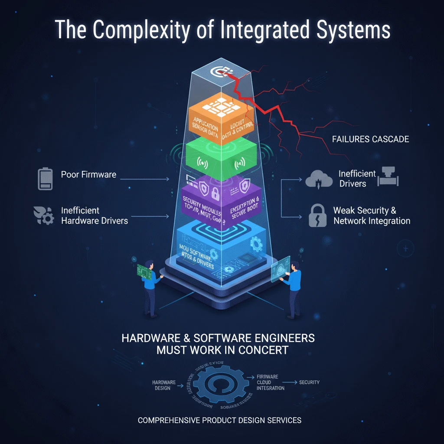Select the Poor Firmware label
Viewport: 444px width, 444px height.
(x=88, y=175)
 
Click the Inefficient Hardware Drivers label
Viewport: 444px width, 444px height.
(x=95, y=215)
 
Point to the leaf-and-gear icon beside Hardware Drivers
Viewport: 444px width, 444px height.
(x=43, y=215)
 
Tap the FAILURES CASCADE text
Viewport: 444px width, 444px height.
(x=371, y=139)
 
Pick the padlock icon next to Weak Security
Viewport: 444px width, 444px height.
(x=317, y=215)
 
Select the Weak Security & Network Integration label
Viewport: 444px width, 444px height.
(x=371, y=215)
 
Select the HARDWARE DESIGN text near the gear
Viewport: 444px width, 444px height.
(x=164, y=385)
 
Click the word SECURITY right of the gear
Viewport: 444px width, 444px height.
(x=309, y=382)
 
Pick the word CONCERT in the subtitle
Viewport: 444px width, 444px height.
(x=265, y=350)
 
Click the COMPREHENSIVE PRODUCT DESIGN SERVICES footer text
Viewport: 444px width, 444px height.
(x=219, y=420)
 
